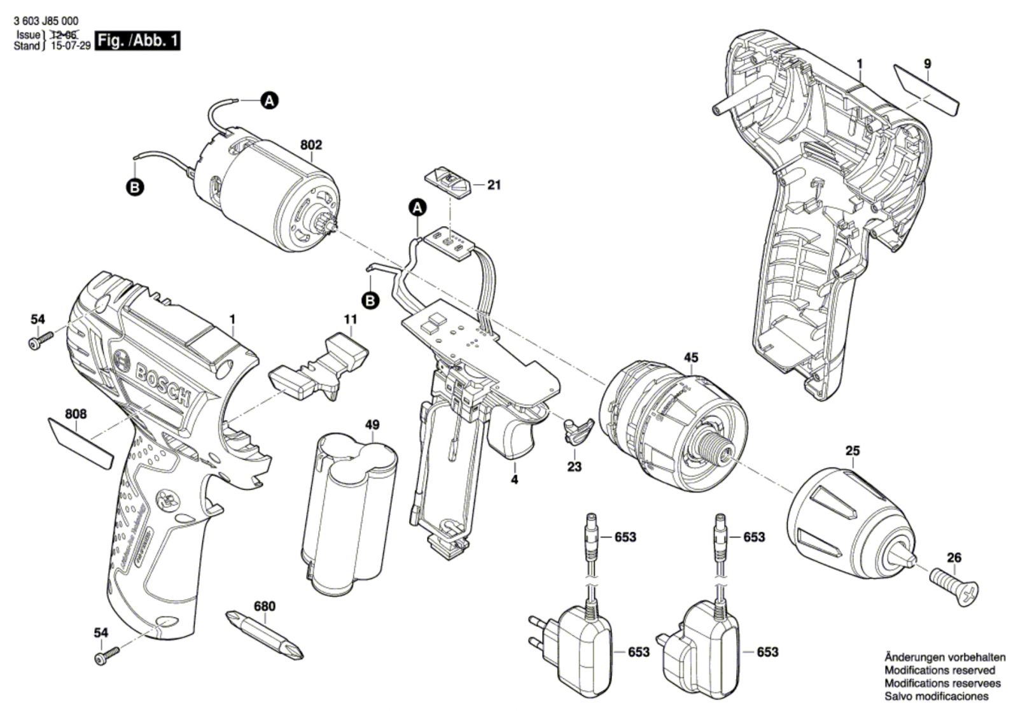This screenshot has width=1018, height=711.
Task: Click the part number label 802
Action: (310, 145)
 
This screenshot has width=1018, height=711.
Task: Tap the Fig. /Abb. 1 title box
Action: (137, 41)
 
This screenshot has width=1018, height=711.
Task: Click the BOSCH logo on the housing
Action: (153, 379)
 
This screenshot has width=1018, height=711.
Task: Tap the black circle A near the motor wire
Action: (270, 100)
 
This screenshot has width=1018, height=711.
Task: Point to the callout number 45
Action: (691, 357)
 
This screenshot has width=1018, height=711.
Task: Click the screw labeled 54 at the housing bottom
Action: (106, 656)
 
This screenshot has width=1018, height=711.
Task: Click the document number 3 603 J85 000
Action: (46, 22)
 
